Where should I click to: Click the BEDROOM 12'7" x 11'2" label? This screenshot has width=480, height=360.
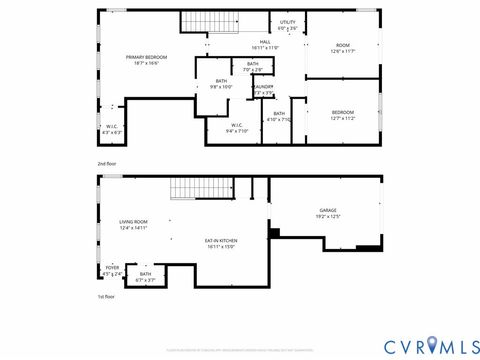point(342,115)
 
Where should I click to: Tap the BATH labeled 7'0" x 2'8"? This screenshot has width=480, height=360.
point(253,67)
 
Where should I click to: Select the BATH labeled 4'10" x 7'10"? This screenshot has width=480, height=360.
point(278,116)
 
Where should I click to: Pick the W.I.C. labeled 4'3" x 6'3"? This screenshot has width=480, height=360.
point(112,129)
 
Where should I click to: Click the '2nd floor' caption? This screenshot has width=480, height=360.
point(107,162)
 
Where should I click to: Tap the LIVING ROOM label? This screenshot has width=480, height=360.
point(133,225)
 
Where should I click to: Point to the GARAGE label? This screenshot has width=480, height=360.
point(327,213)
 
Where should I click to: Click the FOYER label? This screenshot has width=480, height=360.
point(112,269)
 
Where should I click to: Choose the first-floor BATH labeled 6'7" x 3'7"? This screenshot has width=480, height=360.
point(146,277)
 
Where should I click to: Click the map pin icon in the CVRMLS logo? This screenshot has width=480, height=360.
point(431,345)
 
